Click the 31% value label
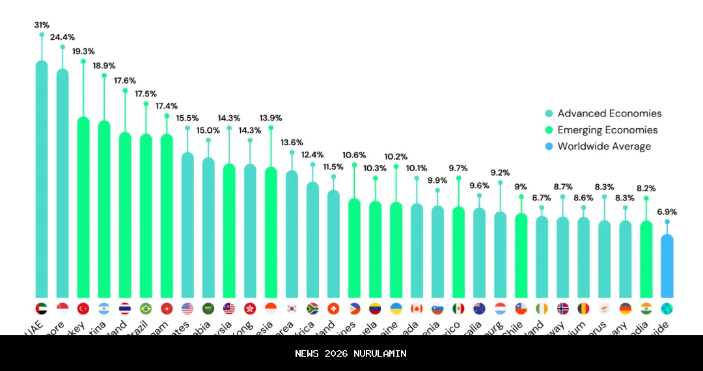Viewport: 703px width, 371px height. tap(42, 25)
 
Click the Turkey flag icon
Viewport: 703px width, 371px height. tap(83, 309)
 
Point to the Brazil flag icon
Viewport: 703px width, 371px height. tap(146, 309)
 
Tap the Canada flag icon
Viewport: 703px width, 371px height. tap(417, 309)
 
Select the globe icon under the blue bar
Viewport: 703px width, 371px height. tap(667, 309)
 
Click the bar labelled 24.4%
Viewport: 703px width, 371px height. tap(62, 182)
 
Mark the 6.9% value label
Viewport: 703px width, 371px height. tap(667, 212)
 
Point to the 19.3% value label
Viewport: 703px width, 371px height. tap(83, 51)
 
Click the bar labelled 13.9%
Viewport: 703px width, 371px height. tap(271, 231)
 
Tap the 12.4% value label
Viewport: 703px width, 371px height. tap(312, 154)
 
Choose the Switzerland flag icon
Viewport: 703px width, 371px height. tap(333, 309)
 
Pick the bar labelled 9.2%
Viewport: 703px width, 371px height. tap(500, 254)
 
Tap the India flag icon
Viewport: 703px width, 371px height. tap(646, 309)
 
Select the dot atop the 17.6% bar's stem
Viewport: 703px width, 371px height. tap(125, 90)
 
